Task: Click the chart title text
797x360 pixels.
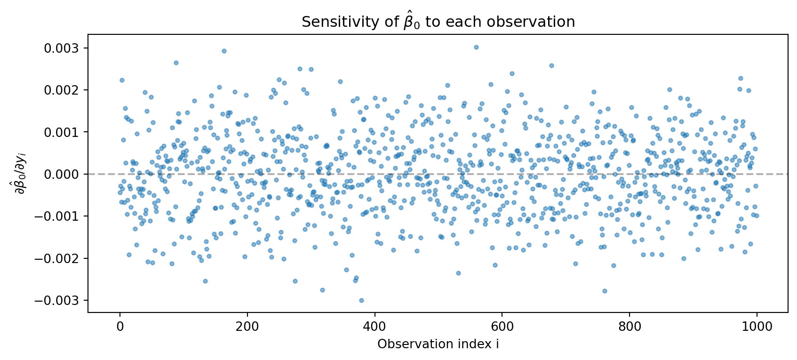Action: tap(438, 22)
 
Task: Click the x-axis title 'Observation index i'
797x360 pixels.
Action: tap(438, 344)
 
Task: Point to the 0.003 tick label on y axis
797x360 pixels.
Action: tap(63, 48)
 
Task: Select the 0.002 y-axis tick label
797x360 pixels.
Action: tap(63, 90)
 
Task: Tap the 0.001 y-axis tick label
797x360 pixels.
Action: tap(63, 132)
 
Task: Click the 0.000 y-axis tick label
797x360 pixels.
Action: tap(63, 174)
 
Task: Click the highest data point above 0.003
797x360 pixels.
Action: tap(476, 47)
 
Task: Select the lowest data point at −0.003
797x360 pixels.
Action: tap(361, 300)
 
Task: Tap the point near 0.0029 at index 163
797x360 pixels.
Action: tap(224, 51)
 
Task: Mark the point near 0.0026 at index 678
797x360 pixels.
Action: tap(551, 65)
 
